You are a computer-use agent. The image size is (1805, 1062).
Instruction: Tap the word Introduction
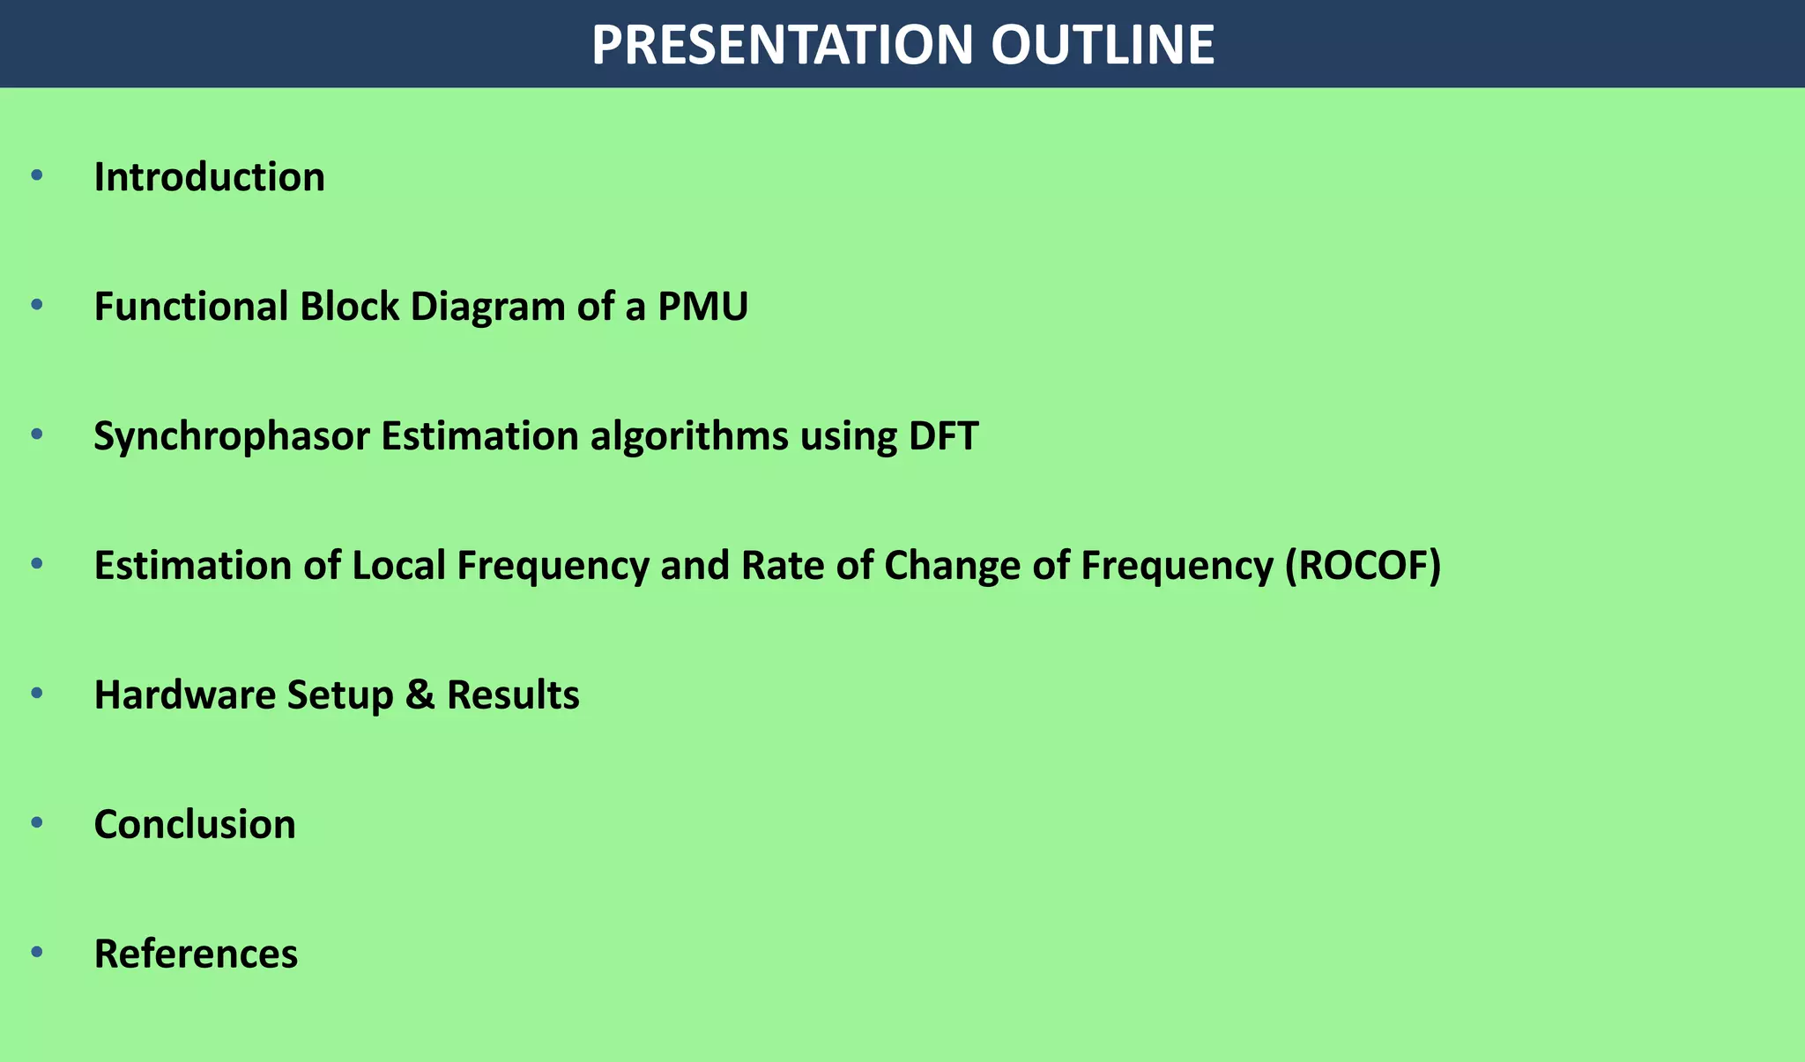[209, 177]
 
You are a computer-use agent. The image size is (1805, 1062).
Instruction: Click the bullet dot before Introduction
[36, 175]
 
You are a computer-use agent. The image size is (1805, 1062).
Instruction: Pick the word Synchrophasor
[231, 436]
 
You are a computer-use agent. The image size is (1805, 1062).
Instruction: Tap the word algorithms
[689, 436]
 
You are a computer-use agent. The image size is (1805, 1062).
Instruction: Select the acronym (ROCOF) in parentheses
[1363, 566]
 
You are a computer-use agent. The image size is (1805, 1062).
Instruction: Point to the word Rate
[779, 566]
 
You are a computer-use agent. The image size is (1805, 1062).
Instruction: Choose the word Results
[513, 694]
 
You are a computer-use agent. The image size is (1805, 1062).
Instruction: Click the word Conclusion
[195, 824]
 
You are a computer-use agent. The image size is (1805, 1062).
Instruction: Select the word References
[196, 954]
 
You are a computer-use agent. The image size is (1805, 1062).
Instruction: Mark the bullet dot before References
[36, 952]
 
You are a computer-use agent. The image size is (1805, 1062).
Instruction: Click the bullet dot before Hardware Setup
[36, 693]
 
